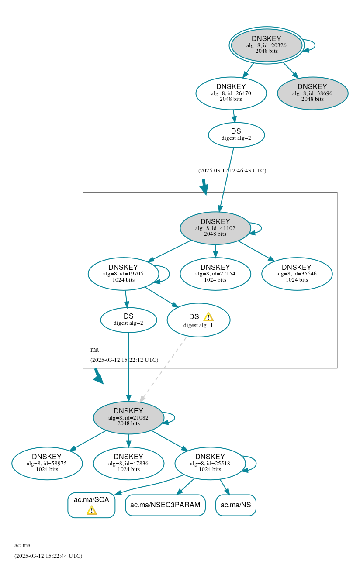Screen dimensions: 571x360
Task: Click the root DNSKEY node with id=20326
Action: pos(267,45)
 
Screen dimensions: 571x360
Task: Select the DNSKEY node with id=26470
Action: pos(231,93)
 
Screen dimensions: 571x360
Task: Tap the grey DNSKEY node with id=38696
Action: pos(312,93)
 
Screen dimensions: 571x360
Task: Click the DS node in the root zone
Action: pos(236,134)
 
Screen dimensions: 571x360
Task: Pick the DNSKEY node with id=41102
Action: pos(215,228)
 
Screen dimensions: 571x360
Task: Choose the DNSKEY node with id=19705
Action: pos(123,274)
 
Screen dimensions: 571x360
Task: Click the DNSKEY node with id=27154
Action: pos(215,274)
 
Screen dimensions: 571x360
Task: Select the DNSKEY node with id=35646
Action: pos(297,274)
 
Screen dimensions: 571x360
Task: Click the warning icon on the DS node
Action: pos(208,317)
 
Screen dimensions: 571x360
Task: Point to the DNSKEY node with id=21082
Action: pos(128,418)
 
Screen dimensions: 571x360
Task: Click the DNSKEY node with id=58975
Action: pos(47,463)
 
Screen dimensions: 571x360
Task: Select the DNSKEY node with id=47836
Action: pos(128,463)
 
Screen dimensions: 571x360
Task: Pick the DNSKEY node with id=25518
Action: pos(210,463)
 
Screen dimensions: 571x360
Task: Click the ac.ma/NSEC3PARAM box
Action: pos(165,505)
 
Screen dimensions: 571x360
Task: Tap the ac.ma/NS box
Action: pos(236,505)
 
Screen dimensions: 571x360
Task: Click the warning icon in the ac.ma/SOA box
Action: pos(91,510)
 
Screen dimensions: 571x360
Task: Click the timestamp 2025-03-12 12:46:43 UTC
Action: pos(232,170)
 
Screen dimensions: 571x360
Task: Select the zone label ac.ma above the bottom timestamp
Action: pos(22,545)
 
